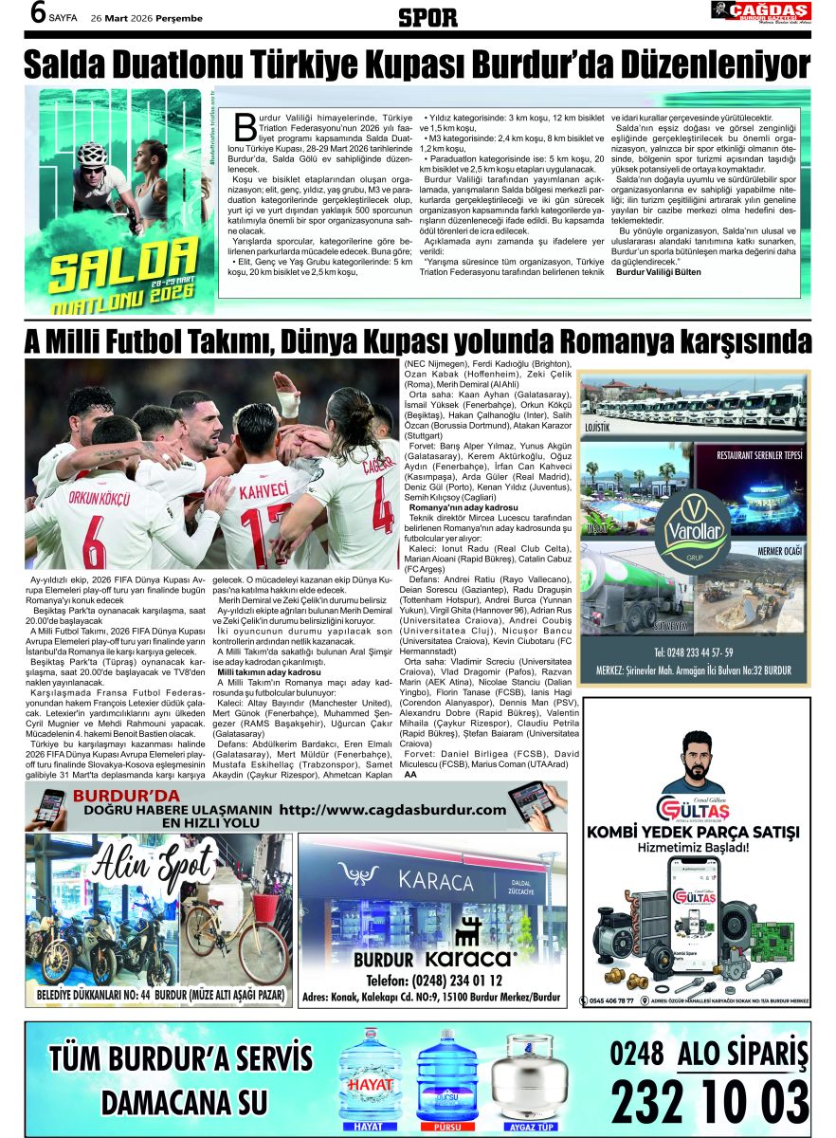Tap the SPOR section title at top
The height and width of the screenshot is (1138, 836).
click(x=428, y=17)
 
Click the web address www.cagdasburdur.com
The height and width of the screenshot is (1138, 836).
click(x=393, y=810)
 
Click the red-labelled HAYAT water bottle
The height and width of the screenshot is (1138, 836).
click(x=371, y=1076)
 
